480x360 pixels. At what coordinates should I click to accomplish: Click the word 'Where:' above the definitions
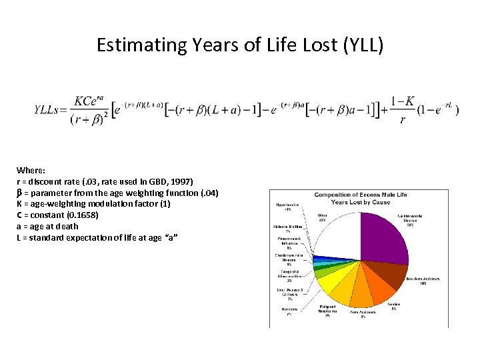pos(31,170)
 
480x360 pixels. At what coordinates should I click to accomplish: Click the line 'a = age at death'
pos(47,227)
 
